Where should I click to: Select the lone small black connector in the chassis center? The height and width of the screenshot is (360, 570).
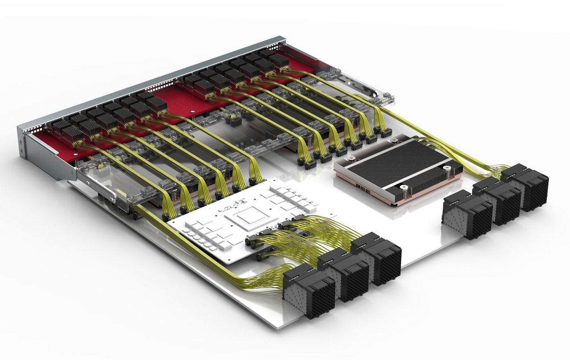click(234, 120)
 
